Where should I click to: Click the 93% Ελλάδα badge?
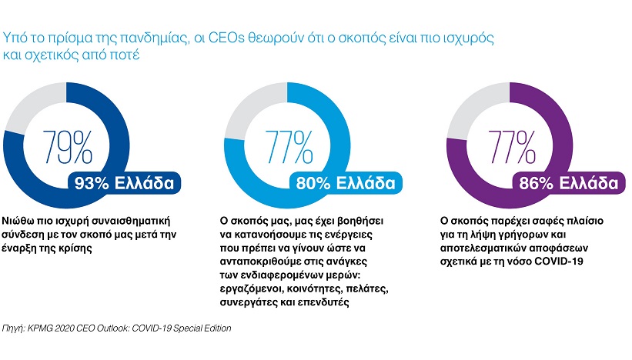pos(124,183)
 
